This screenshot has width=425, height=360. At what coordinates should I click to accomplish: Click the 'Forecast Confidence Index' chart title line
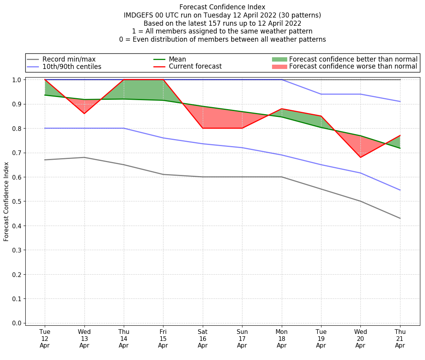(222, 7)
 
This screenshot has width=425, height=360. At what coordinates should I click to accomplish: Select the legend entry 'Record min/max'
(68, 59)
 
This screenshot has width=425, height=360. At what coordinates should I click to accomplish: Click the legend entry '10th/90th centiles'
(72, 67)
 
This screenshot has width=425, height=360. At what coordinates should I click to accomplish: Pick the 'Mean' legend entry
(177, 59)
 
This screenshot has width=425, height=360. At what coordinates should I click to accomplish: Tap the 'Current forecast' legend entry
(195, 67)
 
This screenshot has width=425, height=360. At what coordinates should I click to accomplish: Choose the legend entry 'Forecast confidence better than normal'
(353, 59)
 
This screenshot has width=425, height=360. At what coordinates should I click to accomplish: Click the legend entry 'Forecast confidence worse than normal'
(353, 67)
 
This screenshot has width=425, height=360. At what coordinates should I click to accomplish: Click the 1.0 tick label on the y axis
(17, 80)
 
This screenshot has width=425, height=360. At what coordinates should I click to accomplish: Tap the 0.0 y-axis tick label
(17, 323)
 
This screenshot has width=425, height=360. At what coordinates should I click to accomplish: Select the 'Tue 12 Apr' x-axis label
(45, 338)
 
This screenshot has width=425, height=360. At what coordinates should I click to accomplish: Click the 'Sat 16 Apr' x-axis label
(202, 338)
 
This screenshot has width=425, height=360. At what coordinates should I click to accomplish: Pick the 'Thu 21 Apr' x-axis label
(400, 338)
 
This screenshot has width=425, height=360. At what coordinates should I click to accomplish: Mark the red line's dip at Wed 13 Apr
(84, 113)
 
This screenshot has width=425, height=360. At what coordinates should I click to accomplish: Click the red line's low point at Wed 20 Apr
(360, 157)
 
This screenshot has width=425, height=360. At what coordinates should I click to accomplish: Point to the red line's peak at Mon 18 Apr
(281, 109)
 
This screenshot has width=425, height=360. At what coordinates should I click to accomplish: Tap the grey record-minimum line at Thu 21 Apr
(400, 218)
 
